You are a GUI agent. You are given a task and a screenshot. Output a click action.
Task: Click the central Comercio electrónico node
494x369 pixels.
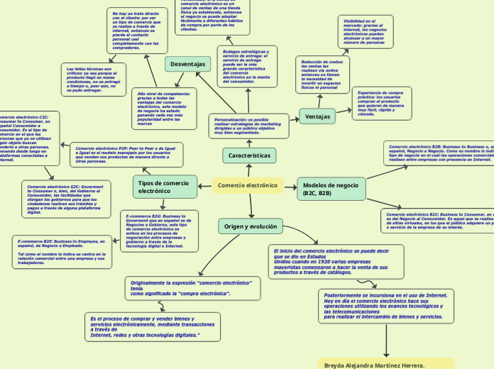coord(248,185)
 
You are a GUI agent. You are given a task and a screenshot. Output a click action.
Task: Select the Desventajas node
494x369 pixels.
coord(189,65)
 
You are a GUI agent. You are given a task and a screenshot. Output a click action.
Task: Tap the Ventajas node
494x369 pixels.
coord(317,116)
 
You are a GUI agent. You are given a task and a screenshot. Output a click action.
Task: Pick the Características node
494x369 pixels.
coord(249,155)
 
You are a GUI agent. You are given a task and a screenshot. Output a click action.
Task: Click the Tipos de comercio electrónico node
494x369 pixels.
coord(165,187)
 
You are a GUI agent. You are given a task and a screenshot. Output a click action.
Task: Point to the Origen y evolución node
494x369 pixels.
coord(251,226)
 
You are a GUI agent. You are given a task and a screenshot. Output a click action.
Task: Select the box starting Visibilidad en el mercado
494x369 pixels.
coord(366,32)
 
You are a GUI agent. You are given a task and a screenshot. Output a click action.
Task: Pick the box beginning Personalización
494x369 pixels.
coord(249,126)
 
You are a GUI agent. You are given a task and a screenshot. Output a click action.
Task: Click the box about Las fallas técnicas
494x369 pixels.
coord(93,79)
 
